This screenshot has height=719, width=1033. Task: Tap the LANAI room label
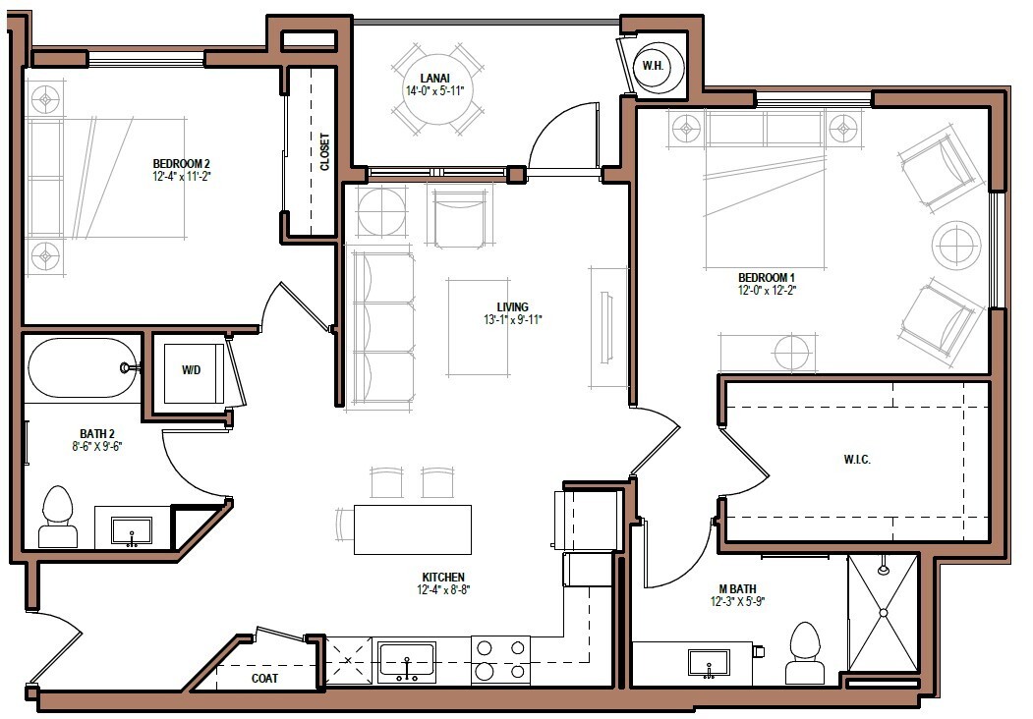coord(433,77)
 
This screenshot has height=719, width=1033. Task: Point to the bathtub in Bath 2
coord(83,368)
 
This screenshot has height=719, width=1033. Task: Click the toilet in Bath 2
coord(58,517)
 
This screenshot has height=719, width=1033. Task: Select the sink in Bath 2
coord(131,532)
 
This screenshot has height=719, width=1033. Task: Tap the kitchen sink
coord(407,662)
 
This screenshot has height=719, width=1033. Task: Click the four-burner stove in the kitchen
coord(500,659)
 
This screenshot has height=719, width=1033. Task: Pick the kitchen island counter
coord(412,529)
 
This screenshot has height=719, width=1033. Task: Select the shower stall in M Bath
coord(883,613)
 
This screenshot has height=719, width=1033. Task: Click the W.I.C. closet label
coord(856,460)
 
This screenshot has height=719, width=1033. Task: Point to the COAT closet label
coord(264,678)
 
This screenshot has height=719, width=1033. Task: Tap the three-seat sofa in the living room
coord(382,329)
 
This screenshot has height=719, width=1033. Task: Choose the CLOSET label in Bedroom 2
coord(324,152)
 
